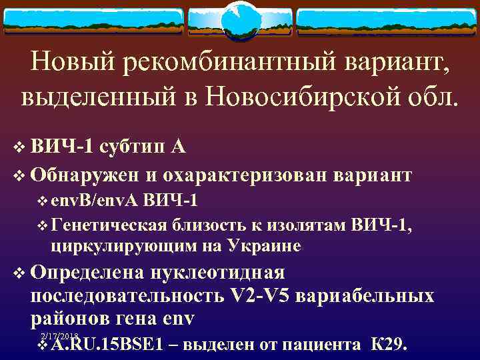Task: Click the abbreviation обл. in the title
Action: [x=427, y=98]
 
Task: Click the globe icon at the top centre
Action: [x=240, y=18]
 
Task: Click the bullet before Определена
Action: [x=18, y=273]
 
